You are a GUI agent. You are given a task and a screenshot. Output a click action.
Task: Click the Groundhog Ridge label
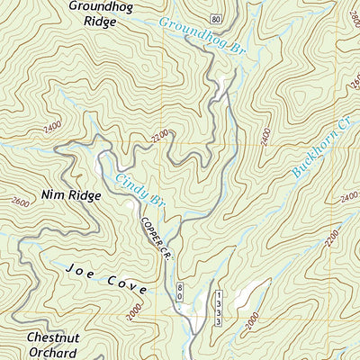(94, 13)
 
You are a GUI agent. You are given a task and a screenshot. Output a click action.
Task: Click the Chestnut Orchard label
(51, 346)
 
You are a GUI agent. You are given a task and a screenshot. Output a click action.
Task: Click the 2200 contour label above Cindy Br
(160, 136)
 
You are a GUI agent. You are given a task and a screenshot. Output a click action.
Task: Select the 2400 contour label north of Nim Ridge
(52, 127)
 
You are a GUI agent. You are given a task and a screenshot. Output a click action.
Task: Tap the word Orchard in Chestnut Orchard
(51, 354)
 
